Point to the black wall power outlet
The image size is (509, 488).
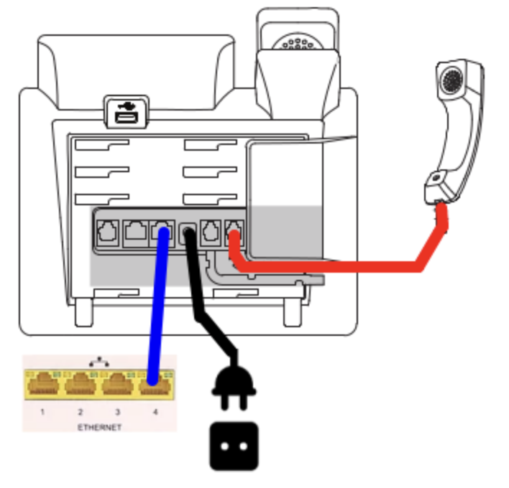(x=233, y=444)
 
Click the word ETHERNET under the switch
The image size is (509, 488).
(x=98, y=427)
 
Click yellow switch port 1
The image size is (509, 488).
(x=43, y=387)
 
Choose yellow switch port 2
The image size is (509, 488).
(x=81, y=387)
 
